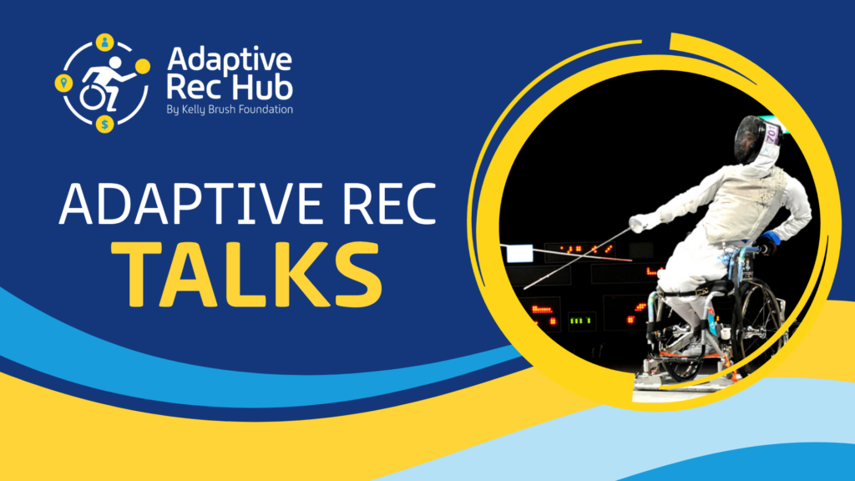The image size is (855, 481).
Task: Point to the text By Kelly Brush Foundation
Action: [230, 109]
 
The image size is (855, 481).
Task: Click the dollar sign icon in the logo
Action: [104, 124]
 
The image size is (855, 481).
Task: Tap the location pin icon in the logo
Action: [63, 83]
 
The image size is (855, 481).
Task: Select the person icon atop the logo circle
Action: [104, 42]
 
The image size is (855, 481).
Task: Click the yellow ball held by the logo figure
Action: [143, 66]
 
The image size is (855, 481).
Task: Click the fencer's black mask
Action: [754, 139]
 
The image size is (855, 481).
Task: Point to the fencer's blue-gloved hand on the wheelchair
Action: [769, 243]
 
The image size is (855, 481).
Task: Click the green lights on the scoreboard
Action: [580, 320]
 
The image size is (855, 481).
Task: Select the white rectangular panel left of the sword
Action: [519, 254]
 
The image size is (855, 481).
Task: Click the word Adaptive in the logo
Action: [230, 60]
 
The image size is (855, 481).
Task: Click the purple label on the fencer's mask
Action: [771, 134]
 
